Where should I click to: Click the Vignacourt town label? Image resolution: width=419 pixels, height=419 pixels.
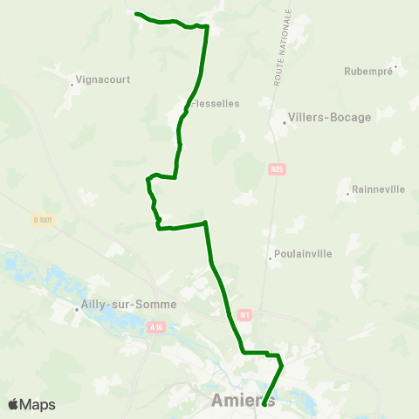103,79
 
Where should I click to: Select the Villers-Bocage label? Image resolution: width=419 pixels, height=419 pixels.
330,117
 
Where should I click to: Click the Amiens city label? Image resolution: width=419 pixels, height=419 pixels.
244,401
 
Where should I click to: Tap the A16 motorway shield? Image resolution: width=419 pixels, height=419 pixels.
156,327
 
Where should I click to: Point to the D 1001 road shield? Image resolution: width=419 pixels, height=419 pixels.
44,220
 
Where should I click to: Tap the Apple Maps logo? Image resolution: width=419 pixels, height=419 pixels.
31,404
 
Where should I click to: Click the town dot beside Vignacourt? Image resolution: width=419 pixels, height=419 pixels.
72,85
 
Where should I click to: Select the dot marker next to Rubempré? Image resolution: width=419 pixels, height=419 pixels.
395,65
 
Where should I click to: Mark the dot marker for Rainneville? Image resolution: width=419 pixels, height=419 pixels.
348,193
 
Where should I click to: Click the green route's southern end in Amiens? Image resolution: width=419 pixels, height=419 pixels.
264,404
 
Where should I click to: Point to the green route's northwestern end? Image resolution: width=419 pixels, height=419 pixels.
137,13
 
